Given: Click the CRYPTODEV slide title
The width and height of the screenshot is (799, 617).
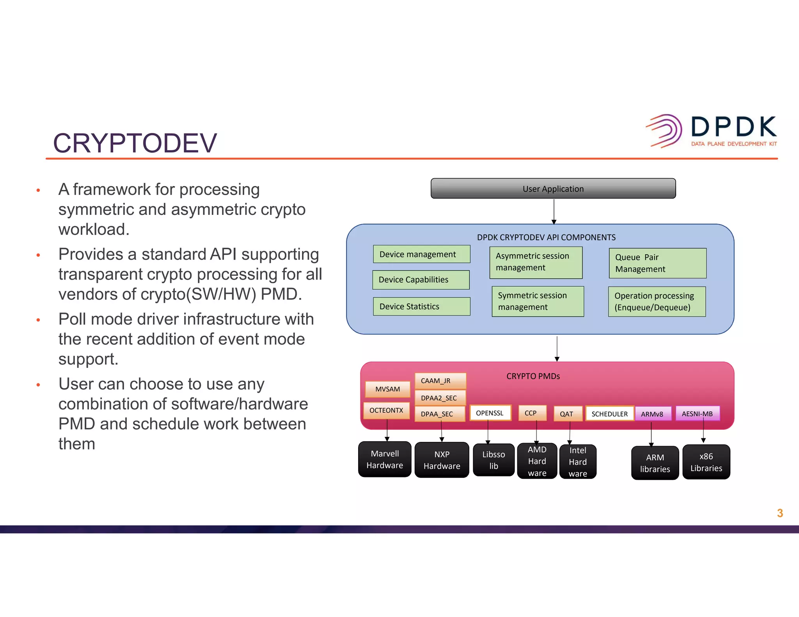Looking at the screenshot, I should click(x=135, y=143).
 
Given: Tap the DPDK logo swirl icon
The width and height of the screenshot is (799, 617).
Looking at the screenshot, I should click(x=665, y=131).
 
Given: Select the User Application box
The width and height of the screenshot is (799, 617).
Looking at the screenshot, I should click(x=553, y=189).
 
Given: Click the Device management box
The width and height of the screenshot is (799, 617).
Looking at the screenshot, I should click(x=421, y=254).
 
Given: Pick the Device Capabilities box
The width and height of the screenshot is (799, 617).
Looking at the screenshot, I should click(x=421, y=280).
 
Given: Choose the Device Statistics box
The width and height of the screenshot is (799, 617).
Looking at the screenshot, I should click(x=421, y=307).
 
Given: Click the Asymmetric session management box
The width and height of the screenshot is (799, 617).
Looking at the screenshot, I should click(x=536, y=262).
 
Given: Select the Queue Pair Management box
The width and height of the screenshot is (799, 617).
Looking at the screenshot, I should click(x=657, y=263).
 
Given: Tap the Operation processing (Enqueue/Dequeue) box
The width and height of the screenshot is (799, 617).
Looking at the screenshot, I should click(x=657, y=301).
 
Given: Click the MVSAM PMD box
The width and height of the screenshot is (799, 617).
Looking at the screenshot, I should click(x=387, y=389).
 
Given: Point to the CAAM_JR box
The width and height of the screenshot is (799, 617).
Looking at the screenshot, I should click(x=440, y=381).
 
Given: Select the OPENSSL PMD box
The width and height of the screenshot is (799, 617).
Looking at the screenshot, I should click(x=490, y=413).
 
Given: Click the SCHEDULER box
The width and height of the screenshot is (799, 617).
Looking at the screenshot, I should click(x=609, y=414).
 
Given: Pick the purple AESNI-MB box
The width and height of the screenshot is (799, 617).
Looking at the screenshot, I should click(x=697, y=414).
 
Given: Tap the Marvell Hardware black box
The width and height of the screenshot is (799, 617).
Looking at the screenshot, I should click(x=385, y=459).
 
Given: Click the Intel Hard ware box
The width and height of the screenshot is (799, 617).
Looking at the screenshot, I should click(x=578, y=462).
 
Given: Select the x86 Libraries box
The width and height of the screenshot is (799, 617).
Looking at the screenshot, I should click(x=706, y=462).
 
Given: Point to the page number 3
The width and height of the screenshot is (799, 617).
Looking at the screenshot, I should click(x=779, y=513).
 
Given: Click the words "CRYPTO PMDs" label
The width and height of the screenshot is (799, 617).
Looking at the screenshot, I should click(x=533, y=376).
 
